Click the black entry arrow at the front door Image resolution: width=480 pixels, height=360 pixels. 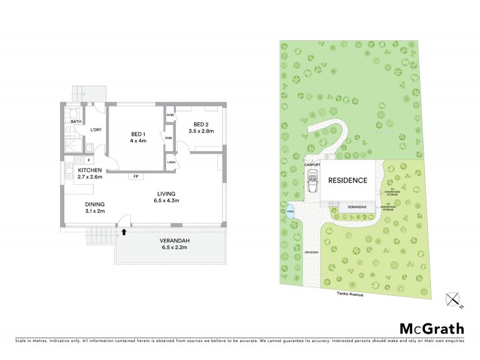click(124, 230)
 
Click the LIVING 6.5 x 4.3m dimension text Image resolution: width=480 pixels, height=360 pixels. click(166, 200)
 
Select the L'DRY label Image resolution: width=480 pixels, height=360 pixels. click(95, 130)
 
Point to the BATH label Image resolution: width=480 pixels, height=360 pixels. click(76, 122)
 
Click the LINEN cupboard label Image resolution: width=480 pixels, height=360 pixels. click(171, 162)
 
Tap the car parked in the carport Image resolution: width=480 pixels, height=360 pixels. click(312, 179)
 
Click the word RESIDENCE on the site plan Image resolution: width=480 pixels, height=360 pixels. click(347, 180)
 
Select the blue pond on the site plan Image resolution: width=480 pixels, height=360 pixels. click(291, 212)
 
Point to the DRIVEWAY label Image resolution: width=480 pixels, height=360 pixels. click(311, 253)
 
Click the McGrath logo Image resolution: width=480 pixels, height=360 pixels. click(432, 328)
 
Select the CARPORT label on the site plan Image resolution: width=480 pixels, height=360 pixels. click(313, 163)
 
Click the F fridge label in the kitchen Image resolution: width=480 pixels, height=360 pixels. click(89, 160)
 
